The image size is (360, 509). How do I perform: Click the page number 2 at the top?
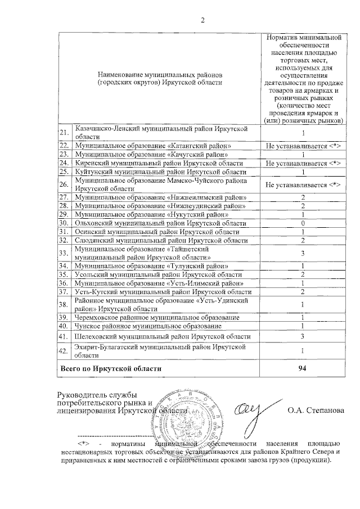[203, 21]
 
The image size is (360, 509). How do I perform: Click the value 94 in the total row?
[303, 368]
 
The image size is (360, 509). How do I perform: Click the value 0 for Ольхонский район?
[303, 223]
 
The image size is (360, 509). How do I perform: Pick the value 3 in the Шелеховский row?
[303, 336]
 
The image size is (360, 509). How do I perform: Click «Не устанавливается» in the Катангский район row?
[303, 146]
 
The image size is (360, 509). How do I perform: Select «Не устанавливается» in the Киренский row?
[303, 163]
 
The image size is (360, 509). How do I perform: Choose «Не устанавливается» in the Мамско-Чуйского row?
[303, 184]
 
